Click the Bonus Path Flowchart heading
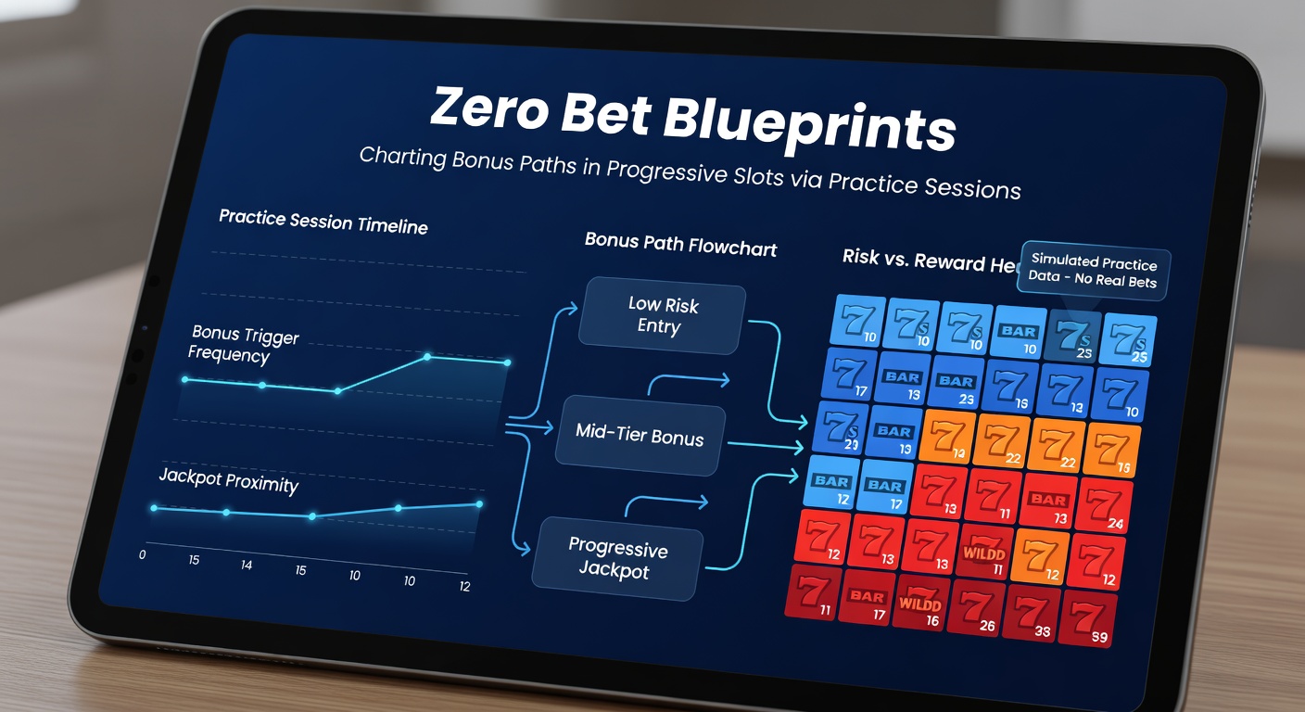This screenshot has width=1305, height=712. (x=680, y=245)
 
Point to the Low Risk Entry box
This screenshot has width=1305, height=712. (x=663, y=316)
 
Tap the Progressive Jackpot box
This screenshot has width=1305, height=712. (x=615, y=558)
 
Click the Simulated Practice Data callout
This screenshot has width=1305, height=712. (x=1094, y=272)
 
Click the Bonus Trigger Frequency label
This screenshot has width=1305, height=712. (x=244, y=344)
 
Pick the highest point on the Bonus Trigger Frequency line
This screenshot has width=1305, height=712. (x=428, y=356)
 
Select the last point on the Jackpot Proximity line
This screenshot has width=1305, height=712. (x=479, y=503)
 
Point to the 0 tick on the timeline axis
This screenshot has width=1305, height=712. (x=142, y=554)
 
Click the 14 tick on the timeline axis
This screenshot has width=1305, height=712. (x=247, y=565)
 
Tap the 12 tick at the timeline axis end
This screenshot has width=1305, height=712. (x=464, y=586)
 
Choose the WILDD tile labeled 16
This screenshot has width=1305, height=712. (x=919, y=607)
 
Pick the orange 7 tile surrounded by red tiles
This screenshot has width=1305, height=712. (x=1041, y=553)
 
